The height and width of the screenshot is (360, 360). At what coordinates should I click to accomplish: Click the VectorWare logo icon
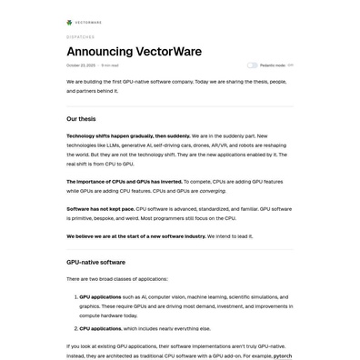point(70,23)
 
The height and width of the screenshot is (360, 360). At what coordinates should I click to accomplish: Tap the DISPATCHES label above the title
point(80,37)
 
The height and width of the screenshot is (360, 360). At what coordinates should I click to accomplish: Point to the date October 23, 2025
point(81,65)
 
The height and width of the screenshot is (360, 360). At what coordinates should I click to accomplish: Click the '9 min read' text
point(110,65)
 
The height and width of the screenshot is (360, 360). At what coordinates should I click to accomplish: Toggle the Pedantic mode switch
point(252,65)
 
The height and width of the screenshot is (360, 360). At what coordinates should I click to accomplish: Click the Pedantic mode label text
point(272,65)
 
